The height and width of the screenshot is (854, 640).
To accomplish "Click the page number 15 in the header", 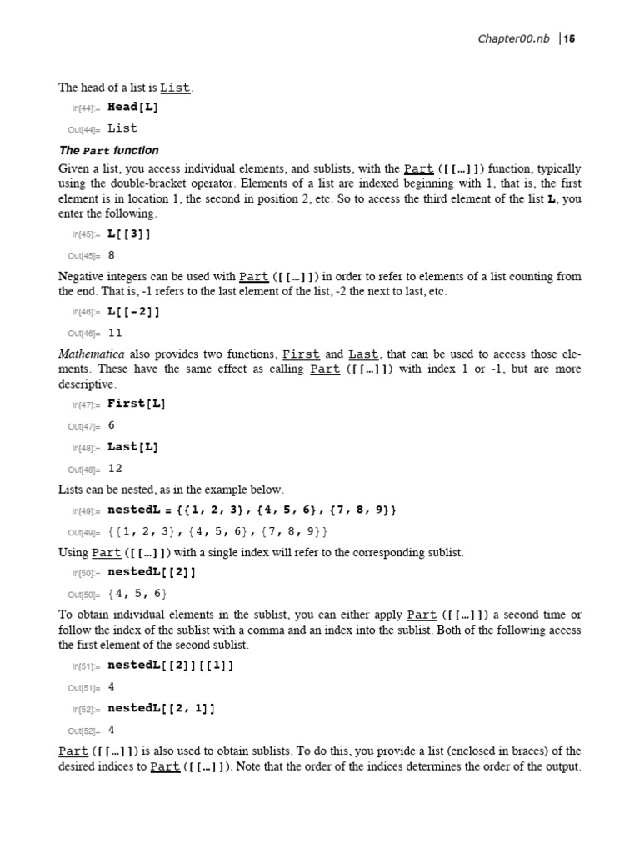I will (x=572, y=39).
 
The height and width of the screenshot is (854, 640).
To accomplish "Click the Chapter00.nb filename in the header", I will (x=513, y=39).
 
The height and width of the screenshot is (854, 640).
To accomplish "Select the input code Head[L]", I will (x=133, y=107).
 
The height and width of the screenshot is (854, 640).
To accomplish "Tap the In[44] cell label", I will (x=83, y=108).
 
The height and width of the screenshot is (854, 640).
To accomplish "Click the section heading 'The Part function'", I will (x=108, y=151).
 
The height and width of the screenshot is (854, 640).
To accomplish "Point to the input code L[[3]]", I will (x=130, y=234).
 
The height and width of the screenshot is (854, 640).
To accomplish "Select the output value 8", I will (x=112, y=256).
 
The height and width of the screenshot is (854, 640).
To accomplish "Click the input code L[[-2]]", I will (x=133, y=311).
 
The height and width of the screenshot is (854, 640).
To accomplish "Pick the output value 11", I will (x=115, y=333).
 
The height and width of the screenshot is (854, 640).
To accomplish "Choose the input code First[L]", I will (x=137, y=404).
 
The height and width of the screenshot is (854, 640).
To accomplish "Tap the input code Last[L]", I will (x=133, y=446).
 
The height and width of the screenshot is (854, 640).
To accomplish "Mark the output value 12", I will (x=115, y=468).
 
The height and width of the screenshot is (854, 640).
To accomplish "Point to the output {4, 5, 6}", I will (x=137, y=594).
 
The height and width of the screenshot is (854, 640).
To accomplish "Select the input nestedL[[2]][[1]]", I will (x=171, y=666).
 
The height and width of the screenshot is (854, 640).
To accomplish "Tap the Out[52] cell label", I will (x=83, y=731).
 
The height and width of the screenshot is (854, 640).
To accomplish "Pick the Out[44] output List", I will (x=122, y=128).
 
